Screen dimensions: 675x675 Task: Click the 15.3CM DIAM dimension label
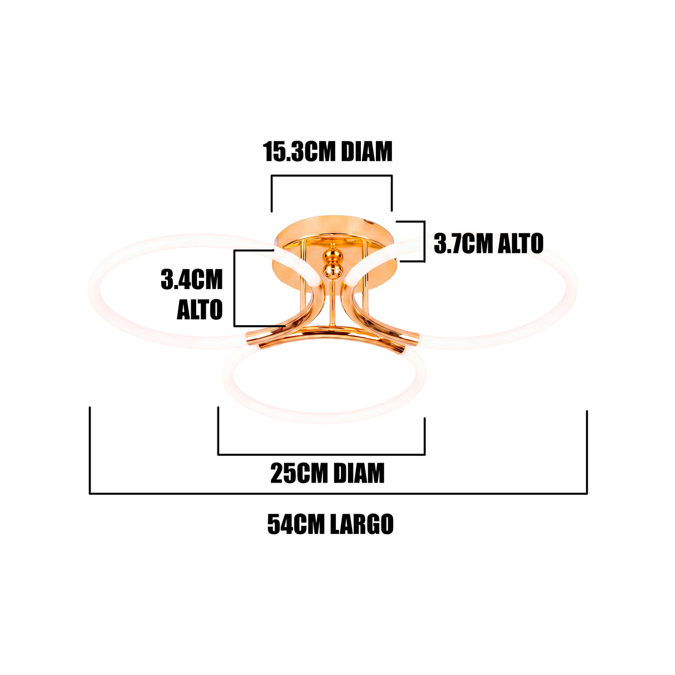click(327, 152)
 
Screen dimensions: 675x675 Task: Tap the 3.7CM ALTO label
click(489, 244)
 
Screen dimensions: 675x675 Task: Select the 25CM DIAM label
click(327, 473)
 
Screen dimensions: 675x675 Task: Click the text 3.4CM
click(192, 280)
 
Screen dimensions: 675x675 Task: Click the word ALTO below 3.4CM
click(200, 309)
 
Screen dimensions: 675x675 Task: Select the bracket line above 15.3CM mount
click(331, 176)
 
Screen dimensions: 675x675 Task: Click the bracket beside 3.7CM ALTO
click(425, 241)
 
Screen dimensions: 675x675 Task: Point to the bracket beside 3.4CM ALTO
click(234, 288)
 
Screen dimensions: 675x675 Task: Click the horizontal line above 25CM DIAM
click(321, 455)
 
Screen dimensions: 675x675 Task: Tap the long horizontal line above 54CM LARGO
click(339, 494)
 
